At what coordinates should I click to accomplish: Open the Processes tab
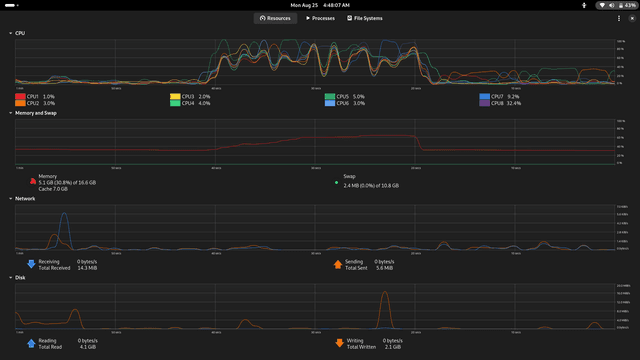pyautogui.click(x=321, y=18)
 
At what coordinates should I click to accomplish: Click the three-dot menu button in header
pyautogui.click(x=620, y=18)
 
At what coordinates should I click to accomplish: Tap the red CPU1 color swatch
pyautogui.click(x=20, y=96)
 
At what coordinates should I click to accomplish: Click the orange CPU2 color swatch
pyautogui.click(x=20, y=103)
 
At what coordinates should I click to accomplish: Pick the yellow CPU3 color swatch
pyautogui.click(x=175, y=96)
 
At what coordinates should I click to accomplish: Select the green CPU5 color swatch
pyautogui.click(x=330, y=96)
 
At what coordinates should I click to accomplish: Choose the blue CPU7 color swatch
pyautogui.click(x=485, y=96)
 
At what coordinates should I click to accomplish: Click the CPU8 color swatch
pyautogui.click(x=485, y=103)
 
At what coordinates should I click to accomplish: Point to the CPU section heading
pyautogui.click(x=20, y=32)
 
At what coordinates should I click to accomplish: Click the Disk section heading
pyautogui.click(x=20, y=277)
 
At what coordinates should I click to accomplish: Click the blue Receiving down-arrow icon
pyautogui.click(x=30, y=264)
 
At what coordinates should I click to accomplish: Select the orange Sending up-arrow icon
pyautogui.click(x=337, y=264)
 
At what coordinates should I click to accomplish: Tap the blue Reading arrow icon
pyautogui.click(x=30, y=342)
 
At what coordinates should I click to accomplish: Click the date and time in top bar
pyautogui.click(x=320, y=4)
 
